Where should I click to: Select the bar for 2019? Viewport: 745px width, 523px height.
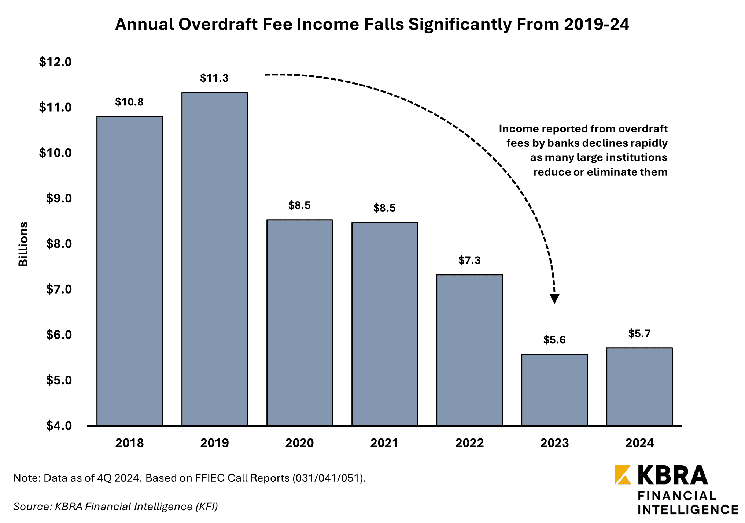pyautogui.click(x=214, y=259)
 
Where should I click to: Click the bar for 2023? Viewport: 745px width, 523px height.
pyautogui.click(x=554, y=389)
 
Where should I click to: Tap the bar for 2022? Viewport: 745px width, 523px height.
pyautogui.click(x=469, y=350)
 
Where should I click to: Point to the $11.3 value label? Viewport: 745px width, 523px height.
pyautogui.click(x=214, y=78)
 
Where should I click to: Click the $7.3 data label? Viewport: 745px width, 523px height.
pyautogui.click(x=469, y=260)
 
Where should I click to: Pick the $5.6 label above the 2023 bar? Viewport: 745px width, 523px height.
pyautogui.click(x=554, y=340)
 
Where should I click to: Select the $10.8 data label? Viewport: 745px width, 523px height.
pyautogui.click(x=129, y=102)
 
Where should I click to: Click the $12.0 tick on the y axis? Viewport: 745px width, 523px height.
pyautogui.click(x=55, y=62)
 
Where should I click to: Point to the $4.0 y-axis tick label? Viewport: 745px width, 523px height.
pyautogui.click(x=59, y=425)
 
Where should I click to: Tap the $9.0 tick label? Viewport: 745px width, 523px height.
pyautogui.click(x=59, y=198)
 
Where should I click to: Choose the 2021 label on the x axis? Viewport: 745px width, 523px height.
pyautogui.click(x=384, y=443)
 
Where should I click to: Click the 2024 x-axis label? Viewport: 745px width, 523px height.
pyautogui.click(x=639, y=443)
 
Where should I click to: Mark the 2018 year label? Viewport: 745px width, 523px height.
pyautogui.click(x=129, y=443)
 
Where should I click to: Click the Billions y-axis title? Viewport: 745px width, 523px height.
pyautogui.click(x=23, y=244)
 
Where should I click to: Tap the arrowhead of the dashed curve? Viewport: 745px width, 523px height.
pyautogui.click(x=554, y=299)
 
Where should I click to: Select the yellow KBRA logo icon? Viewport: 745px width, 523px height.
pyautogui.click(x=623, y=475)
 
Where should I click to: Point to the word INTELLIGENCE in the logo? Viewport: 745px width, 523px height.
pyautogui.click(x=688, y=509)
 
